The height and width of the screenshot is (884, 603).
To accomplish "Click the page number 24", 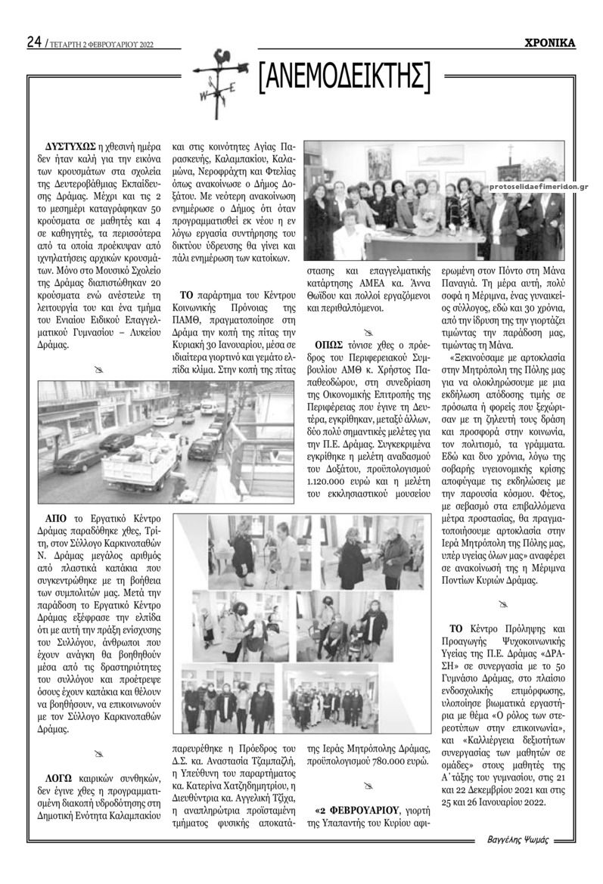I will coord(34,42).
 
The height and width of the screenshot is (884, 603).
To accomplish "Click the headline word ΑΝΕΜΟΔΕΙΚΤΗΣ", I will coord(344,77).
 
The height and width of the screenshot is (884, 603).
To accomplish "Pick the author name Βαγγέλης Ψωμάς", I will coord(518,840).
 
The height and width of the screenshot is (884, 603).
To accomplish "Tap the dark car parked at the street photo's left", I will coord(79,459).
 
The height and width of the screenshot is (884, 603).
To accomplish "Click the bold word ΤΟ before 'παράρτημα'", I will coord(189,294).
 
